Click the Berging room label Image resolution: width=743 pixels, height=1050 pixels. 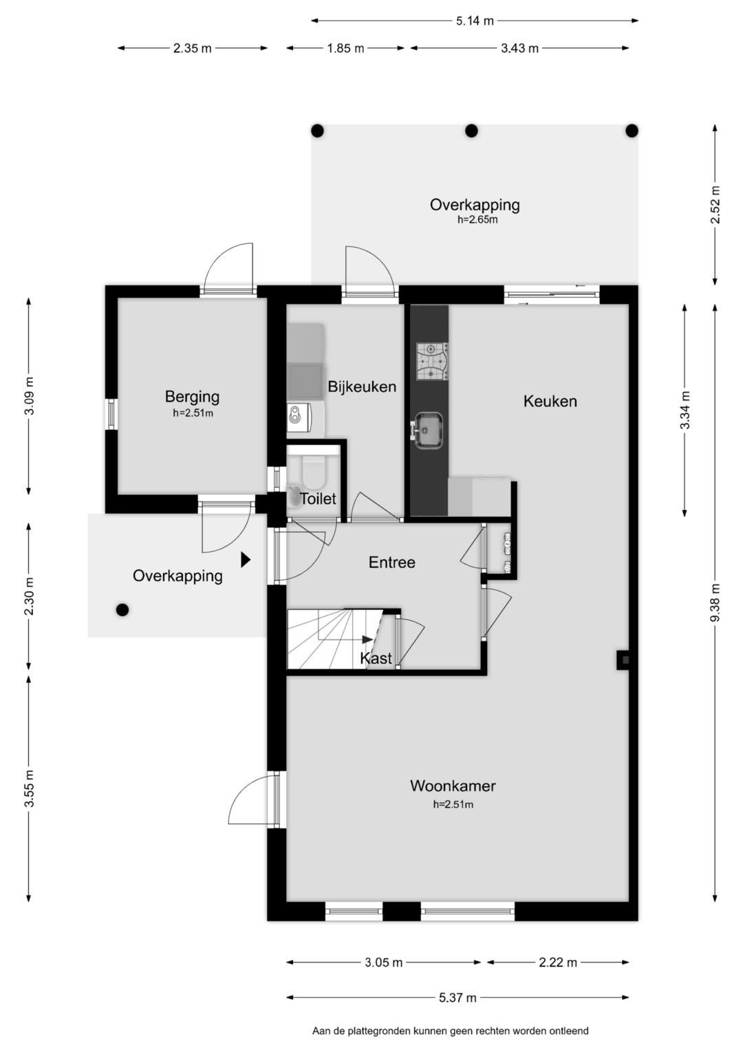click(192, 397)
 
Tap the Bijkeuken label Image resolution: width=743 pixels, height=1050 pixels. click(362, 386)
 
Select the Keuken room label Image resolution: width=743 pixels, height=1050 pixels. click(550, 402)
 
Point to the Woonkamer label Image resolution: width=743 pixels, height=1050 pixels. click(453, 786)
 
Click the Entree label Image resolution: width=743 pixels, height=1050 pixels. click(391, 562)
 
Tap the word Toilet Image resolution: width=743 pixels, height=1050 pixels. click(318, 499)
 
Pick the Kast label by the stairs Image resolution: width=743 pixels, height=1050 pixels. click(376, 659)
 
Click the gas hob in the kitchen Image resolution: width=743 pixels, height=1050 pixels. click(432, 361)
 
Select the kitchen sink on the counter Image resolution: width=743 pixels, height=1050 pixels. click(426, 430)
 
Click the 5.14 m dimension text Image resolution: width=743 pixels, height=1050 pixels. click(475, 21)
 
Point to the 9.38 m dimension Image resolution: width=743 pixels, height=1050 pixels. click(714, 603)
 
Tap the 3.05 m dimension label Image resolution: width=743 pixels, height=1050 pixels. click(384, 963)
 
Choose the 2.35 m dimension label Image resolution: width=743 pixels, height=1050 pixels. click(193, 48)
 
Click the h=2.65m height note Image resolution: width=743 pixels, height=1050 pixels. click(477, 219)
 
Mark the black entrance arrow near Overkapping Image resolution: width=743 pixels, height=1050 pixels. click(246, 560)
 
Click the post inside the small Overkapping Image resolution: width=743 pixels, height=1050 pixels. click(122, 610)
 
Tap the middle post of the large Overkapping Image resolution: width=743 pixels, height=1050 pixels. click(471, 131)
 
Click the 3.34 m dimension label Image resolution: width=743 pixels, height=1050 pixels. click(685, 410)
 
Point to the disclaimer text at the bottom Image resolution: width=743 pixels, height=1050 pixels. click(451, 1031)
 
